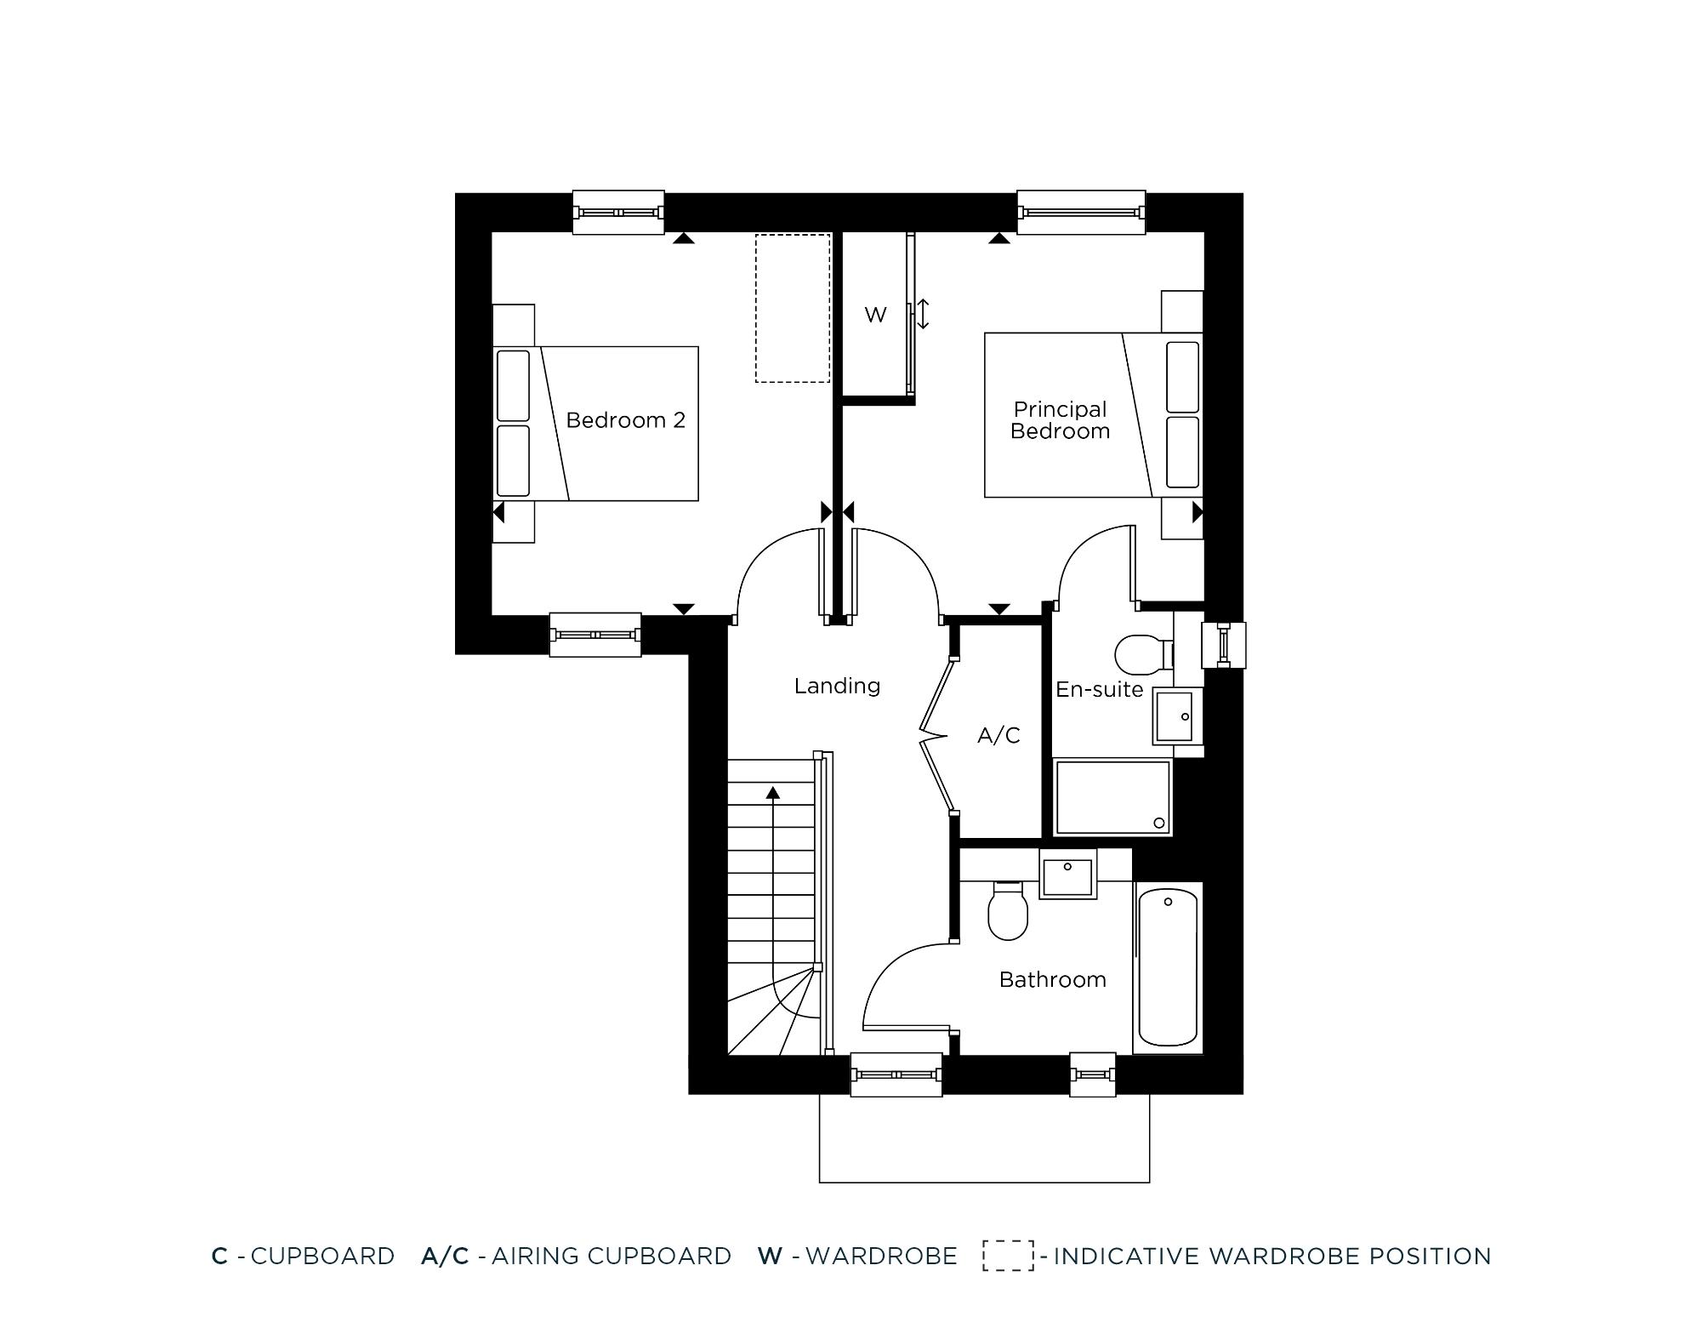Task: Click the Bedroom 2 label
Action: (625, 420)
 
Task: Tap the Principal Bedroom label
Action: (1060, 420)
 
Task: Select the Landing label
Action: (837, 686)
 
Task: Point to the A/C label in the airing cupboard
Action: (998, 735)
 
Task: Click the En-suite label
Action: (1099, 689)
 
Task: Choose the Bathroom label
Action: (1052, 980)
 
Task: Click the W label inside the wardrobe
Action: (875, 315)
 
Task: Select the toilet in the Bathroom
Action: (1008, 911)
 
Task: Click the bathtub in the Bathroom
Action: (1168, 967)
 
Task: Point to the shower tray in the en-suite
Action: (1112, 797)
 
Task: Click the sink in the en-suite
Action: (1175, 715)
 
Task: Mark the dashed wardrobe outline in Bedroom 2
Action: (793, 308)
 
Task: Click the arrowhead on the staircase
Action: (773, 793)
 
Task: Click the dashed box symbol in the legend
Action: (1009, 1256)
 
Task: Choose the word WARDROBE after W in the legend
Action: (881, 1256)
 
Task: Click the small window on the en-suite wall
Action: (1223, 645)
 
